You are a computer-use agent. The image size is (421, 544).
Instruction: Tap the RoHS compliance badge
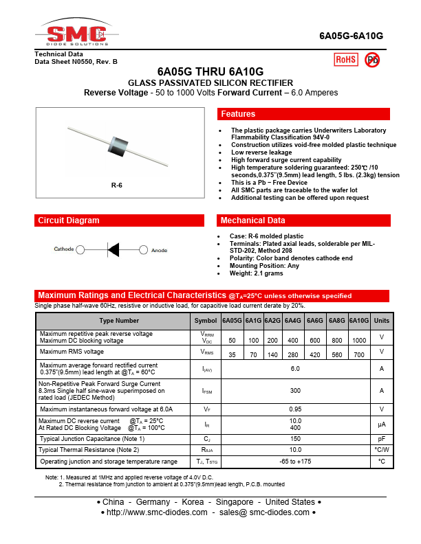pos(345,60)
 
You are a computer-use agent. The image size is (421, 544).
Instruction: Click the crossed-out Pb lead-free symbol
pos(372,60)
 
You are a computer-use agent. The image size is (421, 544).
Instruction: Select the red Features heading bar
pos(303,114)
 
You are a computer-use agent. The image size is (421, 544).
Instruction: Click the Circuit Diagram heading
pos(69,220)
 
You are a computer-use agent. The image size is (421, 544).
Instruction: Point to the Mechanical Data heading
pos(252,220)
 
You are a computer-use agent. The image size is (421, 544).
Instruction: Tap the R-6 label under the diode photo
pos(116,185)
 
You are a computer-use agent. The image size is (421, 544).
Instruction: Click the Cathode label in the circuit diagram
pos(64,249)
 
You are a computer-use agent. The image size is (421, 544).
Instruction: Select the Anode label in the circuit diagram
pos(159,250)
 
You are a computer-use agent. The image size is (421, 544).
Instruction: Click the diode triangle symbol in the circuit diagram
pos(114,249)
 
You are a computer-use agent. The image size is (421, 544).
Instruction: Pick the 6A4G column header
pos(293,321)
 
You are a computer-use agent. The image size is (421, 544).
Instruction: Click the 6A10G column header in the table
pos(358,321)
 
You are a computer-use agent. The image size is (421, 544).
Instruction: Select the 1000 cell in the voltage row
pos(358,341)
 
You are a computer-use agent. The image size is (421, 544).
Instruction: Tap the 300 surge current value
pos(296,390)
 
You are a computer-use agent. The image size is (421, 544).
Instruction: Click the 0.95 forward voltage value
pos(296,409)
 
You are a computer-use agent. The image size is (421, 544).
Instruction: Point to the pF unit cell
pos(382,438)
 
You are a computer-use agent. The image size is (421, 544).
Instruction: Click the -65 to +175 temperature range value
pos(296,461)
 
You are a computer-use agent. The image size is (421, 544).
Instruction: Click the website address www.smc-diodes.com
pos(158,512)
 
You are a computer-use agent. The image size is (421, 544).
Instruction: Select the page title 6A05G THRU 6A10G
pos(210,71)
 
